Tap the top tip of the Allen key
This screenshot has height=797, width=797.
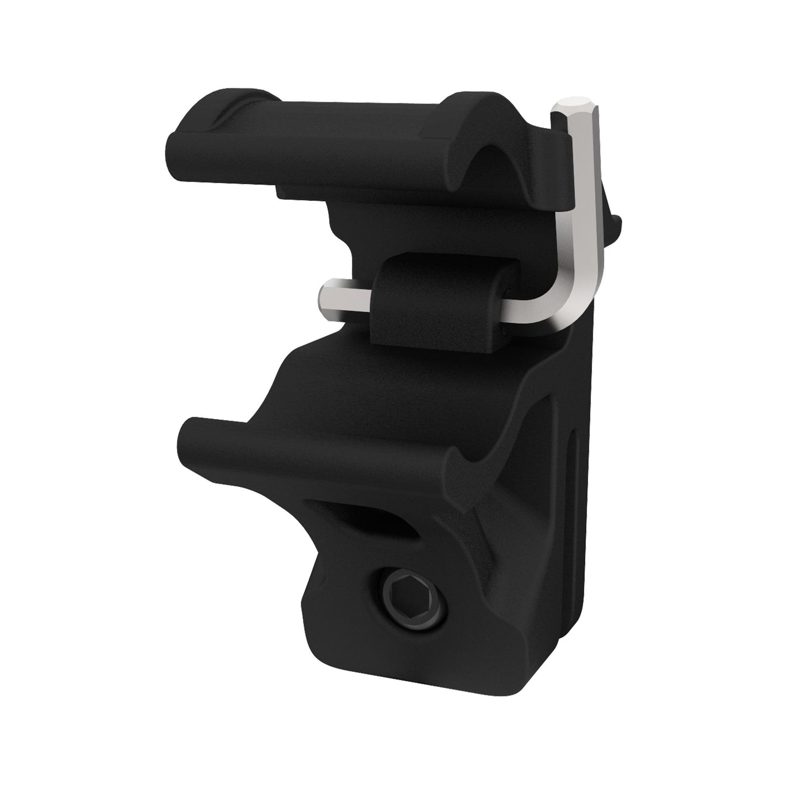point(575,103)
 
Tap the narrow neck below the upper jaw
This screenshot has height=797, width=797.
point(353,232)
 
